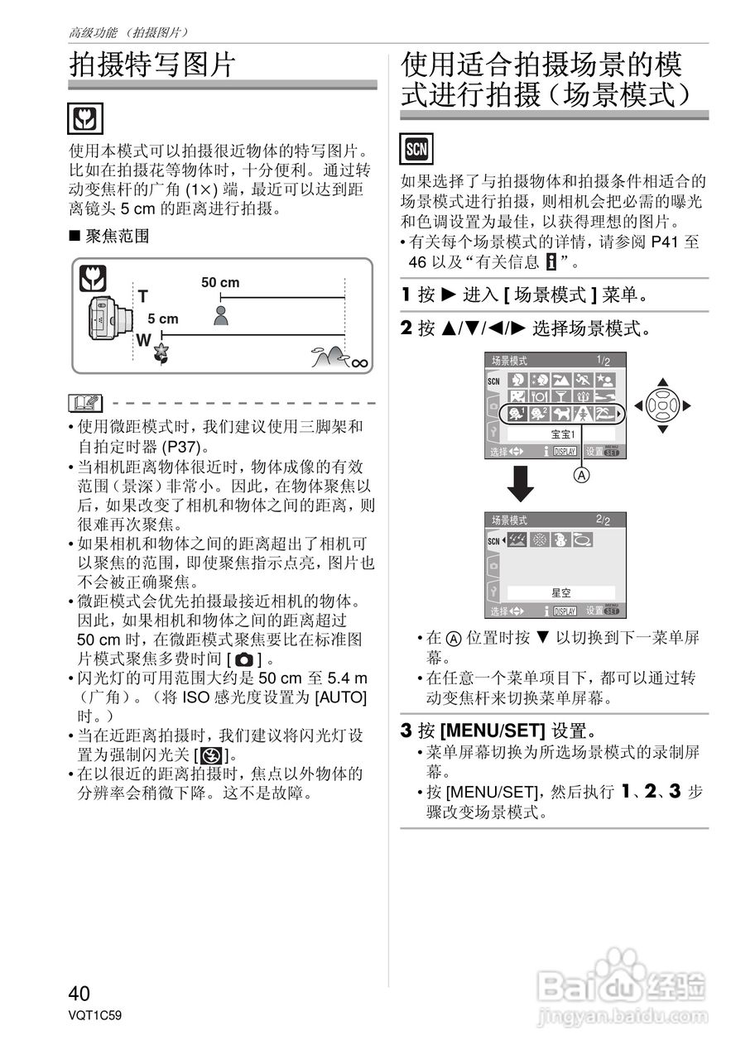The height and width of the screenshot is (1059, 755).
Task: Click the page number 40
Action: coord(79,993)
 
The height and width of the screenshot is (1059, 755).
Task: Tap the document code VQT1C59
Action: coord(96,1013)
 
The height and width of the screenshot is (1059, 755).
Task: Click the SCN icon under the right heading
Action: coord(415,149)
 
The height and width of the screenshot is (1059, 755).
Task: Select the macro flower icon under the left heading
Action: coord(85,120)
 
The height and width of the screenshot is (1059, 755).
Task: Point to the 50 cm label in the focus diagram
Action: coord(220,283)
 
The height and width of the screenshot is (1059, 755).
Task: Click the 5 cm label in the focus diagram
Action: coord(163,319)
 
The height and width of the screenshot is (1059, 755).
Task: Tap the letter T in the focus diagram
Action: coord(142,296)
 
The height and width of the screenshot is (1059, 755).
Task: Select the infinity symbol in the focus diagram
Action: coord(358,362)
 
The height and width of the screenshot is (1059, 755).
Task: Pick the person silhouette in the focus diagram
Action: coord(221,314)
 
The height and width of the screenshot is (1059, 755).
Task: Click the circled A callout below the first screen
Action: coord(582,476)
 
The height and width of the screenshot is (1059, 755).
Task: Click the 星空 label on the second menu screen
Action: coord(561,593)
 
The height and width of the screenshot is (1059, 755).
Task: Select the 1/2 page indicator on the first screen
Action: coord(604,361)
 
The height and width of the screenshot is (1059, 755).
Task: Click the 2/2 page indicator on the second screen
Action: coord(603,520)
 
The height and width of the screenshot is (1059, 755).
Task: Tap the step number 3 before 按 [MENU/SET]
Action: coord(406,731)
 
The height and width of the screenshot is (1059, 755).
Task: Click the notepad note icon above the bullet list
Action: coord(86,405)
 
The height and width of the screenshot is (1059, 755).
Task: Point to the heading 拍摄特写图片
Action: coord(152,64)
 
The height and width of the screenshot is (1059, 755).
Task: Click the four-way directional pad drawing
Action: coord(661,405)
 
